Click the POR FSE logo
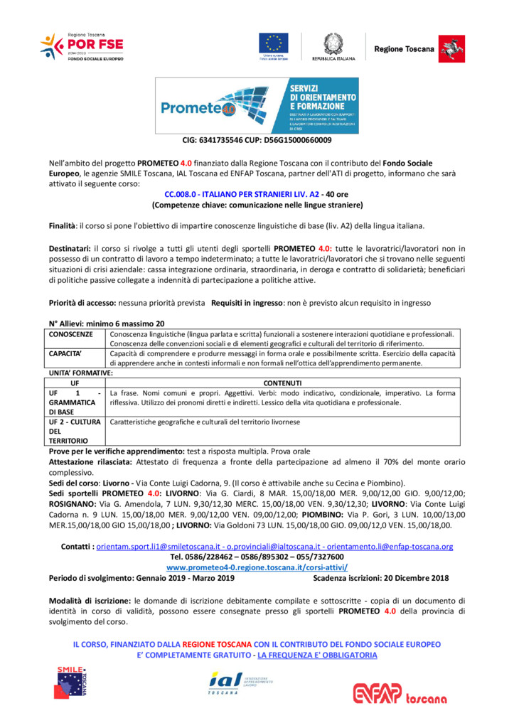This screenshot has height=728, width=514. (x=81, y=47)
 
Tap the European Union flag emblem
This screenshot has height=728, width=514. (x=273, y=43)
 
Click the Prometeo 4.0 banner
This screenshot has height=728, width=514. (x=257, y=106)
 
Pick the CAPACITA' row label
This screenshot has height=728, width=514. (x=66, y=352)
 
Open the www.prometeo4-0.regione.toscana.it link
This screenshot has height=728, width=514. (x=257, y=568)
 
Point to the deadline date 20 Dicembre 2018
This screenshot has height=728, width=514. (x=414, y=579)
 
